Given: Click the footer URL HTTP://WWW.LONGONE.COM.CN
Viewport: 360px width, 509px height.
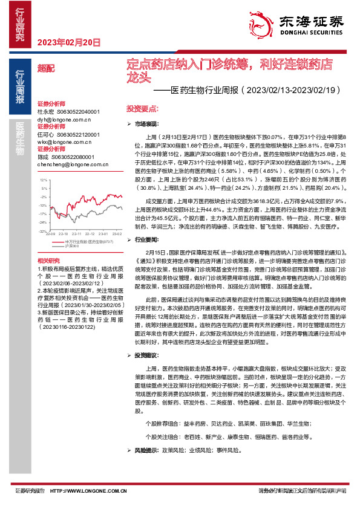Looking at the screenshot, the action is [85, 491].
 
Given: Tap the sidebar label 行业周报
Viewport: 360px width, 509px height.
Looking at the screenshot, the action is [20, 88].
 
